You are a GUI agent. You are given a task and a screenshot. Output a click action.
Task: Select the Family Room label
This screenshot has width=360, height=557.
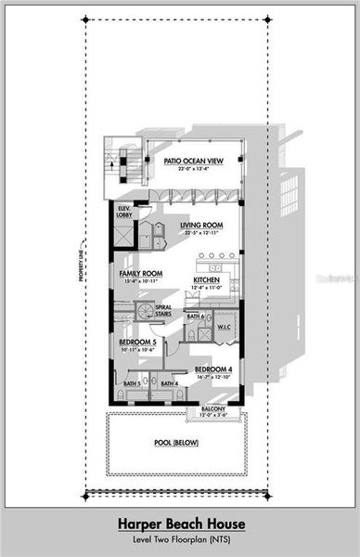click(x=140, y=274)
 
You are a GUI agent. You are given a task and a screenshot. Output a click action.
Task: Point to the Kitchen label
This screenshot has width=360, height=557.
click(x=205, y=279)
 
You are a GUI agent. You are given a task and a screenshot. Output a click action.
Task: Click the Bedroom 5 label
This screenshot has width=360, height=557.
click(x=136, y=342)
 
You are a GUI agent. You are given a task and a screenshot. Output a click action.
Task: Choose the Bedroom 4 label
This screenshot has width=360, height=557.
click(x=212, y=369)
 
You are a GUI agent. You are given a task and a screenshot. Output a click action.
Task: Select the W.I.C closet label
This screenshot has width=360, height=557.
click(x=224, y=327)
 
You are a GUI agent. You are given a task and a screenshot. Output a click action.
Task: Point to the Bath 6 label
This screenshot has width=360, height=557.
click(x=195, y=317)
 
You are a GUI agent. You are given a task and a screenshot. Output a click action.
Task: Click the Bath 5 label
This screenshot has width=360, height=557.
click(x=131, y=383)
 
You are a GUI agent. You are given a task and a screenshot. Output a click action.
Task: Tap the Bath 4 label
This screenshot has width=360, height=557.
click(x=170, y=383)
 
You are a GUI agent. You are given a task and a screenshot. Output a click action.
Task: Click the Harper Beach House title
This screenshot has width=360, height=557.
click(x=179, y=523)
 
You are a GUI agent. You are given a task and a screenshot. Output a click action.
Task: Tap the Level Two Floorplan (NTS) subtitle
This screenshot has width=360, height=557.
click(x=179, y=538)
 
